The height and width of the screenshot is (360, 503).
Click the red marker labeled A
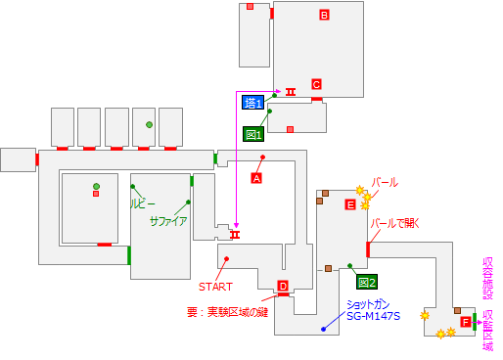coord(256,179)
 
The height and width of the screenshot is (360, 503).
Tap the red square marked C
coord(316,84)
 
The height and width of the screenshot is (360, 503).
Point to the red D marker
coord(283,287)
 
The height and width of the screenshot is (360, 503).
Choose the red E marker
coord(350,204)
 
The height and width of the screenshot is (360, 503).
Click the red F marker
coord(465,323)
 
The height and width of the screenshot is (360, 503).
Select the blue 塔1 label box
coord(253,103)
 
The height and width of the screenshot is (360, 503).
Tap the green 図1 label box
coord(252,134)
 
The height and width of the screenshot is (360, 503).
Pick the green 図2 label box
coord(366,283)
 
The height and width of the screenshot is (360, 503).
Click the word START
coord(215,287)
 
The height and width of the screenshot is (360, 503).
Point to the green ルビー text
coord(143,204)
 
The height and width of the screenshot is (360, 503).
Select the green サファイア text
coord(167,221)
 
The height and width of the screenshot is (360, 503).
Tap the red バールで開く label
coord(394,222)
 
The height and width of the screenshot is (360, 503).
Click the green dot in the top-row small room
coord(149,124)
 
